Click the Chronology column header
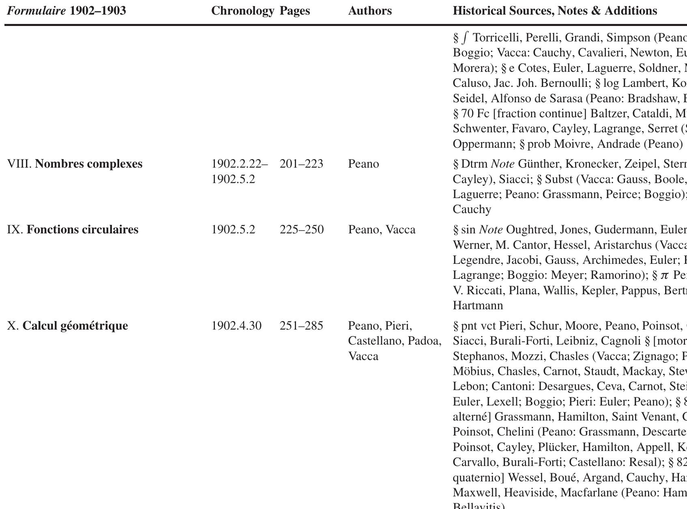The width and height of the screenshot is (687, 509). pyautogui.click(x=243, y=11)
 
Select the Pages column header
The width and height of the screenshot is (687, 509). pyautogui.click(x=295, y=11)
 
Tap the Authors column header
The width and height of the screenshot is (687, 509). pyautogui.click(x=370, y=11)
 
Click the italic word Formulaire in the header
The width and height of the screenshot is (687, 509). pyautogui.click(x=36, y=11)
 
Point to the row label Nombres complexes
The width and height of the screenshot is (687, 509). pyautogui.click(x=89, y=164)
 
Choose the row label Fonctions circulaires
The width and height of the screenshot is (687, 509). pyautogui.click(x=82, y=230)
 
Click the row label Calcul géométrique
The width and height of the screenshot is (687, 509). pyautogui.click(x=75, y=326)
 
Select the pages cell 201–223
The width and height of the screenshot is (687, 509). pyautogui.click(x=301, y=164)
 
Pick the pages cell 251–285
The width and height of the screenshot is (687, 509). pyautogui.click(x=301, y=326)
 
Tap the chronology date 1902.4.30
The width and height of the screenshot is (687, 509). pyautogui.click(x=236, y=326)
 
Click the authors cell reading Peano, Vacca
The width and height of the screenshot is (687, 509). pyautogui.click(x=382, y=230)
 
